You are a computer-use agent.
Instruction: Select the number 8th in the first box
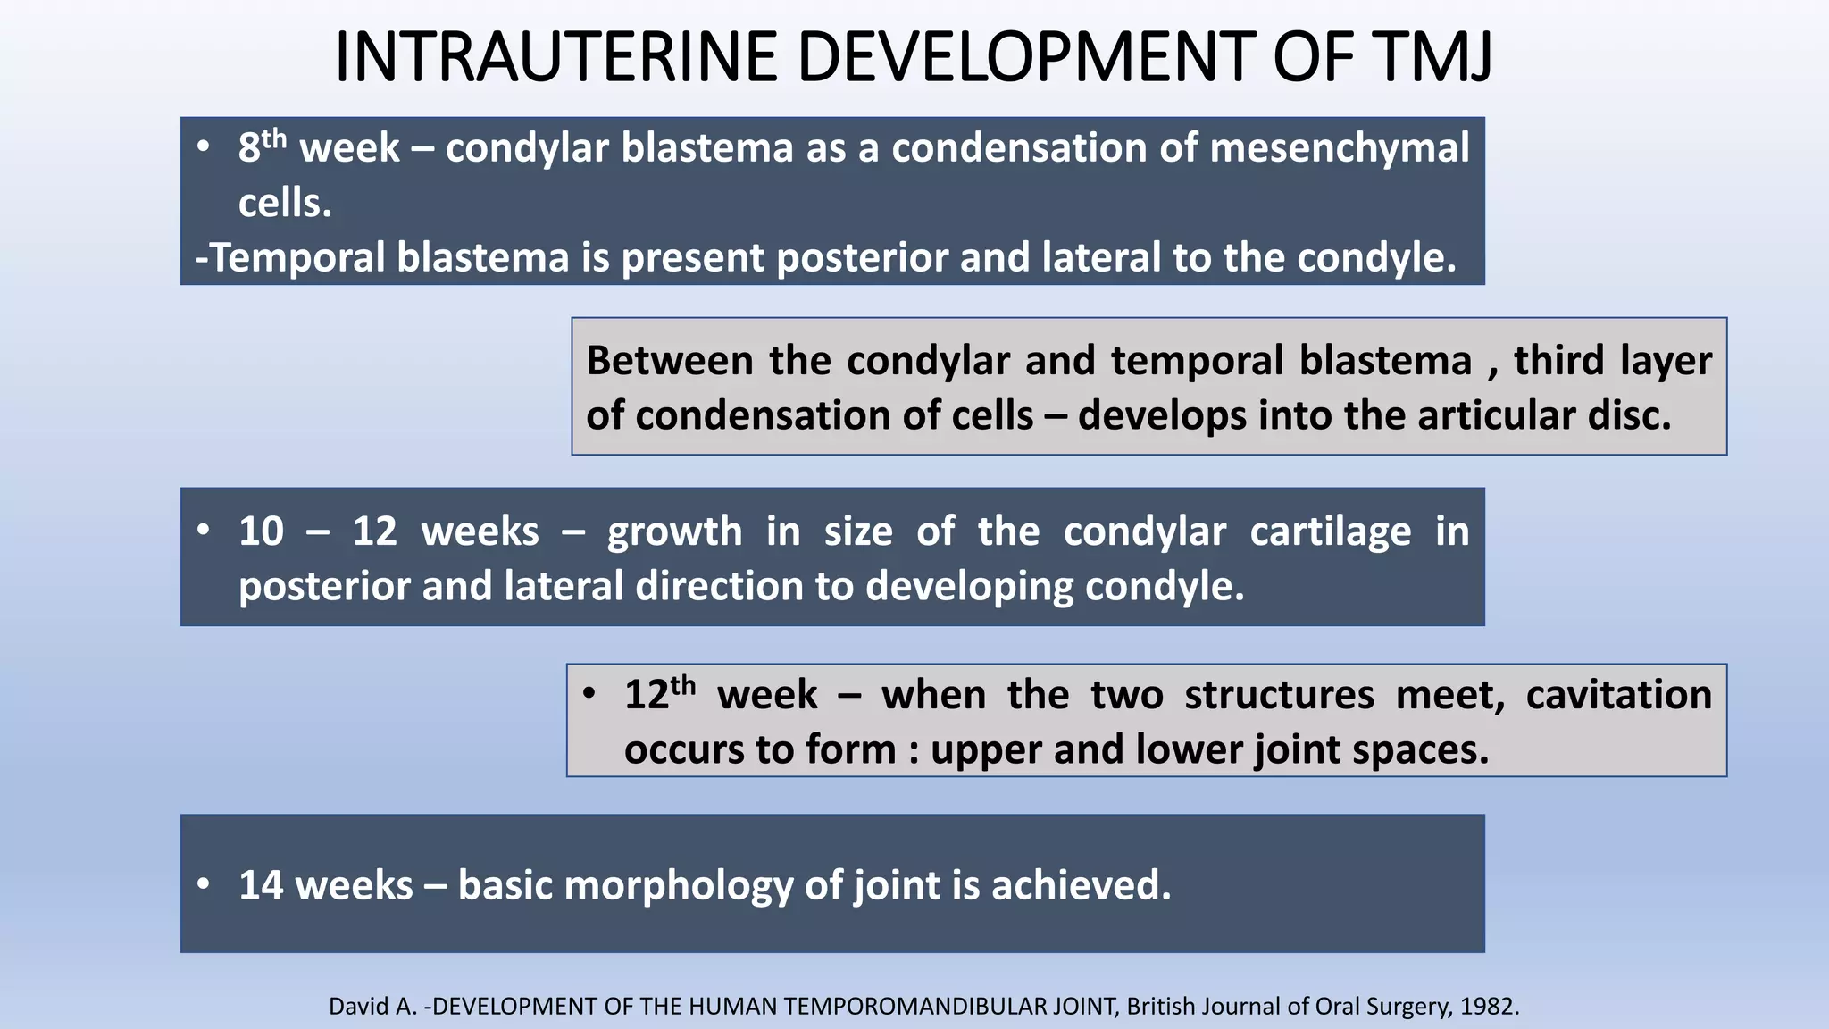pyautogui.click(x=261, y=146)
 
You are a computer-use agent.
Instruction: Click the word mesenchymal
pyautogui.click(x=1339, y=147)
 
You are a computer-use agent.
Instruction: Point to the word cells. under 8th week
pyautogui.click(x=285, y=203)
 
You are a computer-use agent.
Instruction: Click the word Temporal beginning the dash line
pyautogui.click(x=299, y=258)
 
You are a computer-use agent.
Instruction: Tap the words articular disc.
pyautogui.click(x=1544, y=415)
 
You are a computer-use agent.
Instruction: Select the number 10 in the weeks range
pyautogui.click(x=261, y=531)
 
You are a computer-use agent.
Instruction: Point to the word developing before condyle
pyautogui.click(x=969, y=587)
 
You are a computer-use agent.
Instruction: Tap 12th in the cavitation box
pyautogui.click(x=658, y=694)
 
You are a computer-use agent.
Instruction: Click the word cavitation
pyautogui.click(x=1618, y=695)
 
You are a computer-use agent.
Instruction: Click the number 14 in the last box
pyautogui.click(x=261, y=885)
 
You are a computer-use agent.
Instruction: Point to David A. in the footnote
pyautogui.click(x=373, y=1007)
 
